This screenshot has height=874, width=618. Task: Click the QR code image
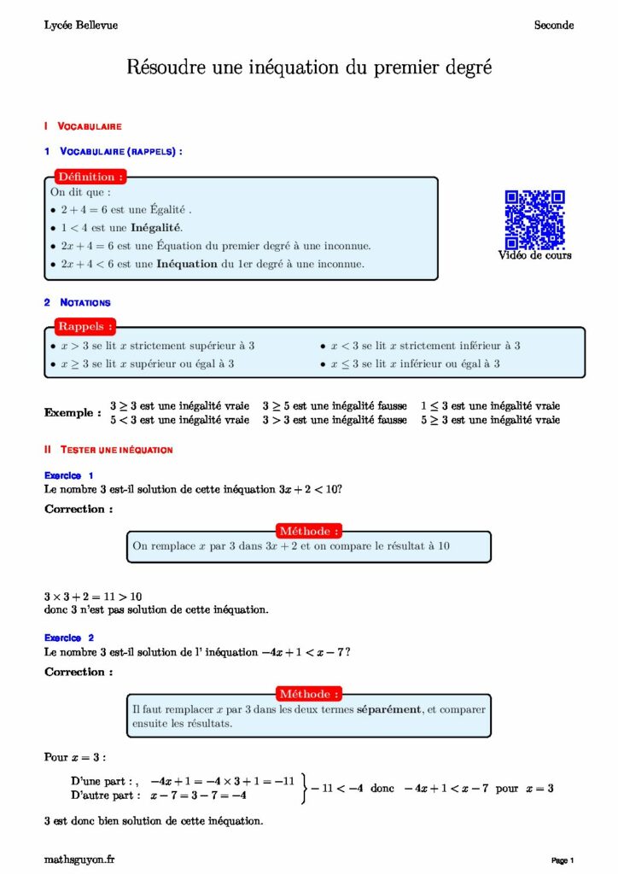tap(534, 218)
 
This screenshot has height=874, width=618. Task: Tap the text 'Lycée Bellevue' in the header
tap(81, 26)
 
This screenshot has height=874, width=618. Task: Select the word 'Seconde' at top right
tap(554, 26)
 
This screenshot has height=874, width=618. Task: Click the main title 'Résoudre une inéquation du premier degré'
tap(309, 67)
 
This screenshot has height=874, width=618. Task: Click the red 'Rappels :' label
tap(85, 326)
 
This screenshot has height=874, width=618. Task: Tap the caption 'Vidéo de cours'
tap(535, 255)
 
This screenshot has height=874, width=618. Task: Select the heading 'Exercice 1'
tap(69, 475)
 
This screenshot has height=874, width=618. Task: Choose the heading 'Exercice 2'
tap(69, 638)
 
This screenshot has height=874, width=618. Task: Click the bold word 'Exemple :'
tap(73, 413)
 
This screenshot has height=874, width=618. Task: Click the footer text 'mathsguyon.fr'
tap(79, 859)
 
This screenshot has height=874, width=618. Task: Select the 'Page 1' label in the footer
tap(563, 859)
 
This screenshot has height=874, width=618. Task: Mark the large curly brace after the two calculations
tap(304, 789)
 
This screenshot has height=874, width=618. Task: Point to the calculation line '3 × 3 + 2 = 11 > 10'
tap(93, 597)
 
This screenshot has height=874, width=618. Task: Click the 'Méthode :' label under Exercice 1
tap(310, 531)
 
